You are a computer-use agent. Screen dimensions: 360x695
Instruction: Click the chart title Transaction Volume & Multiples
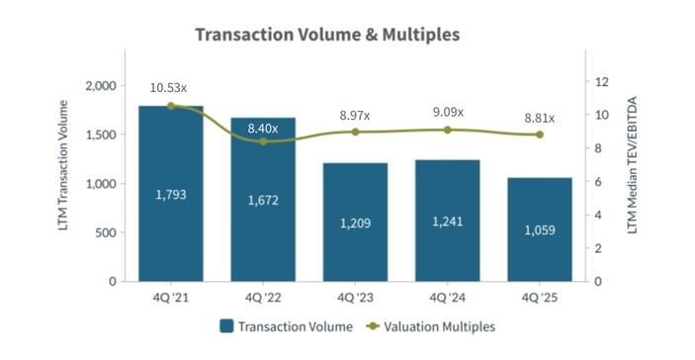coord(327,35)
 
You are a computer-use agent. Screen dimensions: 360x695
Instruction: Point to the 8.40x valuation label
coord(263,129)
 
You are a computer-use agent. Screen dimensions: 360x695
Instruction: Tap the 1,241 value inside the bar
coord(447,222)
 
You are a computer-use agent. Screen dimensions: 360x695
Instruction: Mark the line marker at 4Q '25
coord(540,135)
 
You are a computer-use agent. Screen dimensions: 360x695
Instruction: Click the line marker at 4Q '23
coord(355,132)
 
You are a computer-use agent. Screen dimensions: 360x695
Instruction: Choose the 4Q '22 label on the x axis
coord(263,295)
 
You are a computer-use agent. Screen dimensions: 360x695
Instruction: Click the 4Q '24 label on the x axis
coord(447,295)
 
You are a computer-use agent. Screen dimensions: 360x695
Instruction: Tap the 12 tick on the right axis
coord(602,81)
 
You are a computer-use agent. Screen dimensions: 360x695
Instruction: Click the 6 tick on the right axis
coord(599,182)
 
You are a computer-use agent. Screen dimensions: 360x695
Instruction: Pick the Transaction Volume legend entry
coord(276,325)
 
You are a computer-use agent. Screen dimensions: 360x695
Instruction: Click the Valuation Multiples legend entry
coord(429,325)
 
